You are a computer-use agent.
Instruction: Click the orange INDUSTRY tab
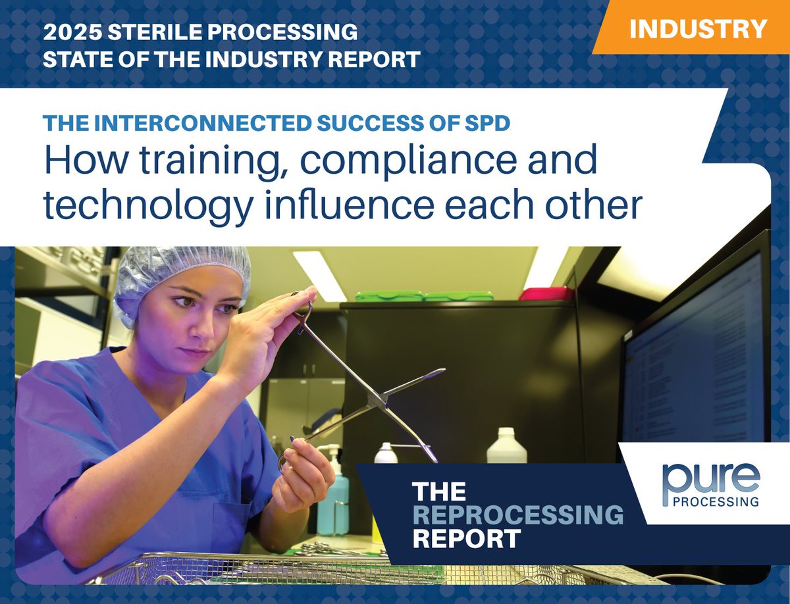[x=698, y=28]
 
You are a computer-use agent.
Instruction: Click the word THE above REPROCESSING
[x=438, y=491]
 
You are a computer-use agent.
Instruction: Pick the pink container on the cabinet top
[x=546, y=293]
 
